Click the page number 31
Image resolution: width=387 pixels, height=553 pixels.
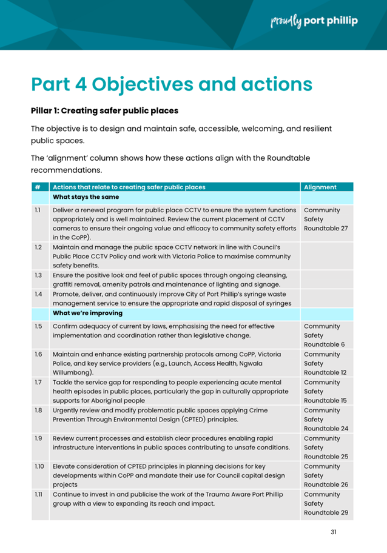pos(334,532)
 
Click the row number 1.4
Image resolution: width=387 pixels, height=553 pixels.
pos(38,294)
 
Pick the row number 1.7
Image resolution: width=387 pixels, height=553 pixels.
pos(38,383)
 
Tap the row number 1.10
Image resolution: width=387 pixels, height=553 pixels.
pos(39,466)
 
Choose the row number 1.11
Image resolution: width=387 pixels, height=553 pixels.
pos(38,494)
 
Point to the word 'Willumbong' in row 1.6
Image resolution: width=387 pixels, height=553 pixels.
pos(72,373)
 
